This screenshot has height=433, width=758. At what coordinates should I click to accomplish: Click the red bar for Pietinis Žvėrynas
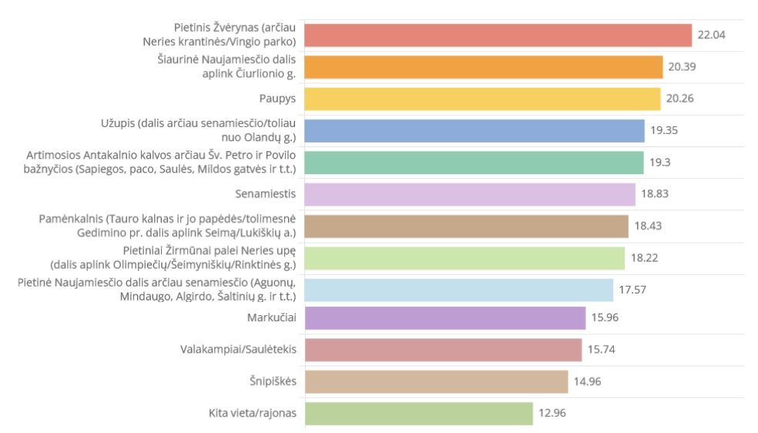[x=498, y=35]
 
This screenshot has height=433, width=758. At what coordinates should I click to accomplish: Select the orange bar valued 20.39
[x=484, y=67]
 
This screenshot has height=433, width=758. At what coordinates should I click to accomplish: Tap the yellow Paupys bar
[x=483, y=99]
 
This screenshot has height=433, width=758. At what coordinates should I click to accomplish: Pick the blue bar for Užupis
[x=475, y=131]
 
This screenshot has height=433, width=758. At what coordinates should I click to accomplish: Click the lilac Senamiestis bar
[x=470, y=194]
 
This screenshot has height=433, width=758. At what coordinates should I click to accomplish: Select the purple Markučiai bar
[x=445, y=317]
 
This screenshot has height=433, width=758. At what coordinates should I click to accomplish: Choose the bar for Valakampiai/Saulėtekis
[x=443, y=350]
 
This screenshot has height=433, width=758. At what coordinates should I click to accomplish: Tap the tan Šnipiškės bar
[x=436, y=381]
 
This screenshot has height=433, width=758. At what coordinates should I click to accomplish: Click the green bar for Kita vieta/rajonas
[x=419, y=413]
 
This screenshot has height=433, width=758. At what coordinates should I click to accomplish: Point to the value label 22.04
[x=711, y=35]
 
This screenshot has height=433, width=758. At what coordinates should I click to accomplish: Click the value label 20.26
[x=682, y=99]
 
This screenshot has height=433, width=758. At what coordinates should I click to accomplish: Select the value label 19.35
[x=665, y=131]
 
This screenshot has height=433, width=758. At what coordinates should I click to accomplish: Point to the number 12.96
[x=553, y=413]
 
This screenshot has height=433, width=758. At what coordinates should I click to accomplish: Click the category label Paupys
[x=278, y=99]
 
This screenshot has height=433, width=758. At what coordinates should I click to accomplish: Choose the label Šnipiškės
[x=273, y=381]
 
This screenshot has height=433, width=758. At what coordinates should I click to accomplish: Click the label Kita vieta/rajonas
[x=248, y=413]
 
